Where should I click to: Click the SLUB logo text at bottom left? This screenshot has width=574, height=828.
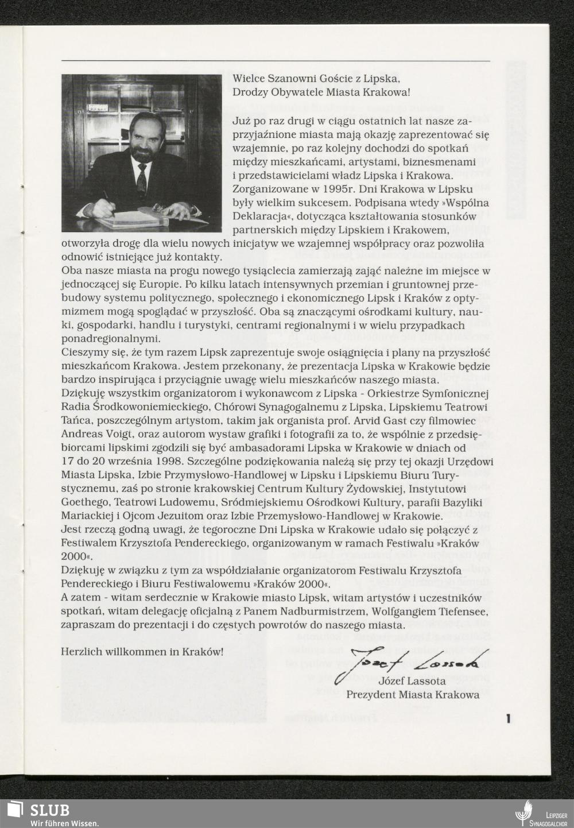(x=50, y=810)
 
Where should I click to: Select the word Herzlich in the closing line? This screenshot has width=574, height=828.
(x=80, y=652)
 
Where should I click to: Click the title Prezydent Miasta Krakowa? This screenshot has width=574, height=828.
(x=412, y=695)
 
